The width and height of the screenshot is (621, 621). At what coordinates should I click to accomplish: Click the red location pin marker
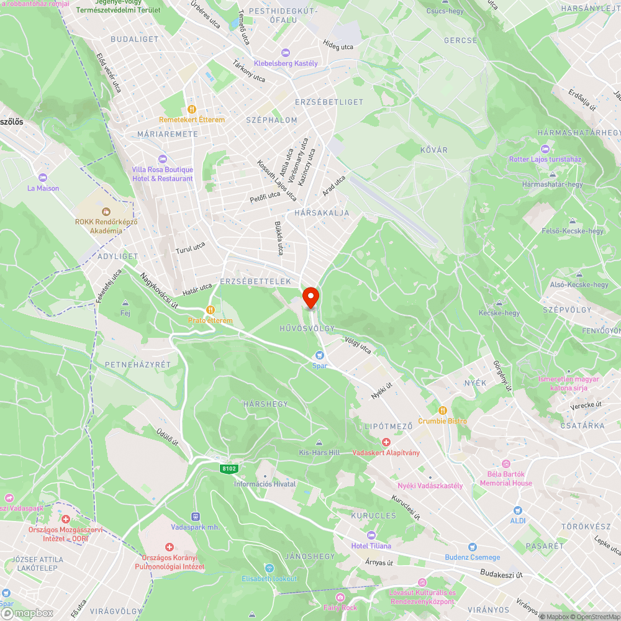click(310, 297)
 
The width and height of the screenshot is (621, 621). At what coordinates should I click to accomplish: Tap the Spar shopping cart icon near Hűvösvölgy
click(320, 355)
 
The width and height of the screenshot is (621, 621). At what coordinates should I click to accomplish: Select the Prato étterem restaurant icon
click(211, 310)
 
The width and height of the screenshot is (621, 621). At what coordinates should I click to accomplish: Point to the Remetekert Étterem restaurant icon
click(191, 109)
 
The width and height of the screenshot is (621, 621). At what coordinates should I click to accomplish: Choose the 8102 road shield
click(229, 468)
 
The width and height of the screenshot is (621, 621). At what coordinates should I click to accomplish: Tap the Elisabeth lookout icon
click(270, 568)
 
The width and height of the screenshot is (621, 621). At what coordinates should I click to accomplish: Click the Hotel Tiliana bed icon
click(371, 535)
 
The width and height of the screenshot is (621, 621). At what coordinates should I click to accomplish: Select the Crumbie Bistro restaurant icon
click(442, 410)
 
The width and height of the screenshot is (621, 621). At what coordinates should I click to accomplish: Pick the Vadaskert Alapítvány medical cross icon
click(386, 442)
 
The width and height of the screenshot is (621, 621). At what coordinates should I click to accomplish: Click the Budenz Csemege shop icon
click(473, 547)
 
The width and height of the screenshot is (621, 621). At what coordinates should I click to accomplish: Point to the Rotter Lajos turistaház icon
click(545, 149)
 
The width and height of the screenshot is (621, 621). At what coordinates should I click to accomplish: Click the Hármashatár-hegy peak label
click(552, 184)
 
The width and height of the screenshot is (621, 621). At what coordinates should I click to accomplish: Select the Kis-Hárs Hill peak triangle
click(319, 443)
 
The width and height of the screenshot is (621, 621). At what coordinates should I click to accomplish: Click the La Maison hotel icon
click(43, 178)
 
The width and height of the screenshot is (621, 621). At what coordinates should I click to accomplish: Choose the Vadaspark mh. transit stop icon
click(196, 516)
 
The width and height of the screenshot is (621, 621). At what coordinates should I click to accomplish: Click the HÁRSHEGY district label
click(265, 404)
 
